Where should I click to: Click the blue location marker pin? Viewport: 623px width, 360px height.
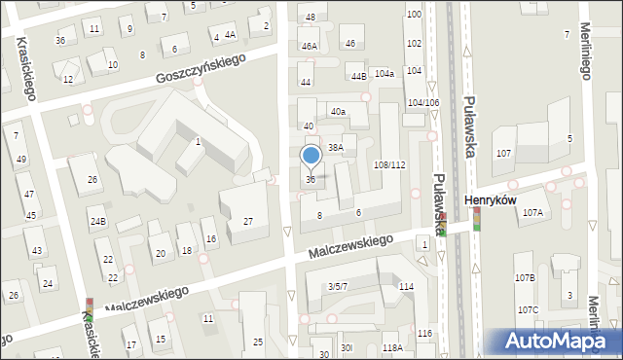[x=311, y=156]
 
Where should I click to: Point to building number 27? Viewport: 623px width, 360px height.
[x=248, y=222]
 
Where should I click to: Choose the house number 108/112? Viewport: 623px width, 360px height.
[x=389, y=164]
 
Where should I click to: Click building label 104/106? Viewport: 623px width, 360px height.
[x=423, y=102]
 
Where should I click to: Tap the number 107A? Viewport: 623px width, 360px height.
[x=532, y=212]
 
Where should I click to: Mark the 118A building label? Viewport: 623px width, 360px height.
[x=392, y=347]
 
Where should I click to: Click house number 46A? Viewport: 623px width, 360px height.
[x=310, y=46]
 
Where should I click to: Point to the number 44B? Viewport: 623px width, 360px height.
[x=358, y=76]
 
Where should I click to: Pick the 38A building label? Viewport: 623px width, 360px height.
[x=335, y=147]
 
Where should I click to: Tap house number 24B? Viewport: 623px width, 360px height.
[x=97, y=221]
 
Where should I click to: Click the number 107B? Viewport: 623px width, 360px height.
[x=526, y=278]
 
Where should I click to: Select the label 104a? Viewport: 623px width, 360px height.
[x=385, y=73]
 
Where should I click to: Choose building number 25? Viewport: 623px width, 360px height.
[x=258, y=342]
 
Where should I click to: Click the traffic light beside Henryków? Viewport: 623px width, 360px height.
[x=477, y=220]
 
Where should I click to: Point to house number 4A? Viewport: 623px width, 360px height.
[x=230, y=35]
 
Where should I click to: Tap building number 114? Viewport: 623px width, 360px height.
[x=406, y=286]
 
